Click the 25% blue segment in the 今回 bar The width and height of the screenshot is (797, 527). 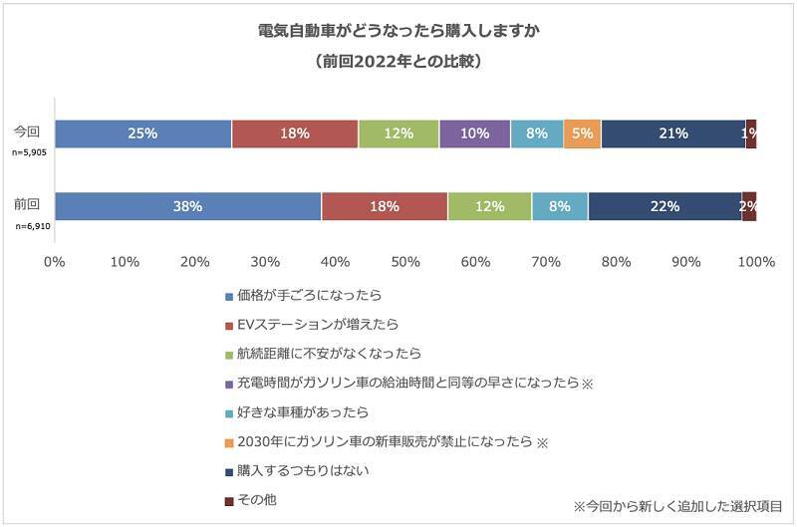(x=142, y=133)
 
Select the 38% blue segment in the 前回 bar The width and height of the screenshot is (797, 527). (x=187, y=206)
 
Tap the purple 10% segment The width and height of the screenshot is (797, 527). (x=474, y=133)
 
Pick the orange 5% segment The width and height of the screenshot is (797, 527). (x=582, y=133)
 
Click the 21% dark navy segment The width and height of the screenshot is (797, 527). (x=672, y=133)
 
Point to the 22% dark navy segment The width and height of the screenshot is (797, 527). (x=664, y=206)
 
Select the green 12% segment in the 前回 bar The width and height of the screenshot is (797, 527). (x=489, y=206)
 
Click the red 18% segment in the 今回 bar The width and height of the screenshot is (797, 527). (x=295, y=133)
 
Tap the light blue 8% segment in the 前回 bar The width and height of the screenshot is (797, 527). (x=559, y=206)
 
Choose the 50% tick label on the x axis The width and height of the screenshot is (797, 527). (x=404, y=262)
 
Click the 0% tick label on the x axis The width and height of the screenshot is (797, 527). (x=55, y=262)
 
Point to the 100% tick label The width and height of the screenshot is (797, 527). (x=755, y=262)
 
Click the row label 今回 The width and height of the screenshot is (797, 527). (x=26, y=131)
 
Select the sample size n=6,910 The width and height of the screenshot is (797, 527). (x=30, y=227)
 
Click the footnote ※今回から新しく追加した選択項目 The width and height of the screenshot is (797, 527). (x=678, y=506)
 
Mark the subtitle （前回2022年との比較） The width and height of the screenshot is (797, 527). (x=398, y=61)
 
